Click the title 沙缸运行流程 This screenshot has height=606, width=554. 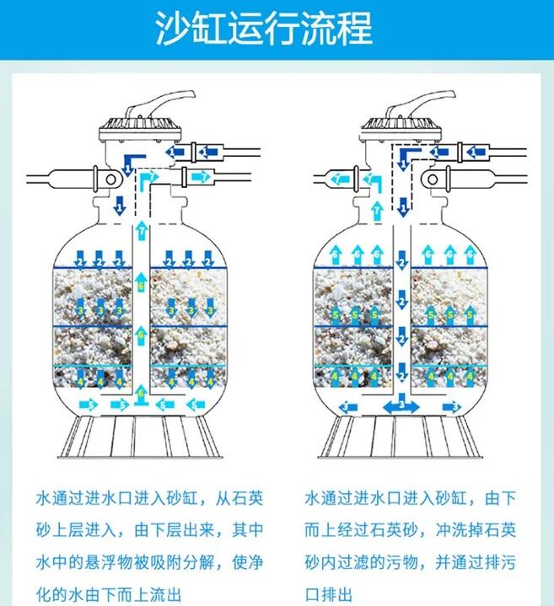tap(264, 29)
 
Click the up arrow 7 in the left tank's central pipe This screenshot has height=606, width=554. tap(142, 229)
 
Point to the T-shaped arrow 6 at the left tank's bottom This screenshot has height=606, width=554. tap(141, 393)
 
